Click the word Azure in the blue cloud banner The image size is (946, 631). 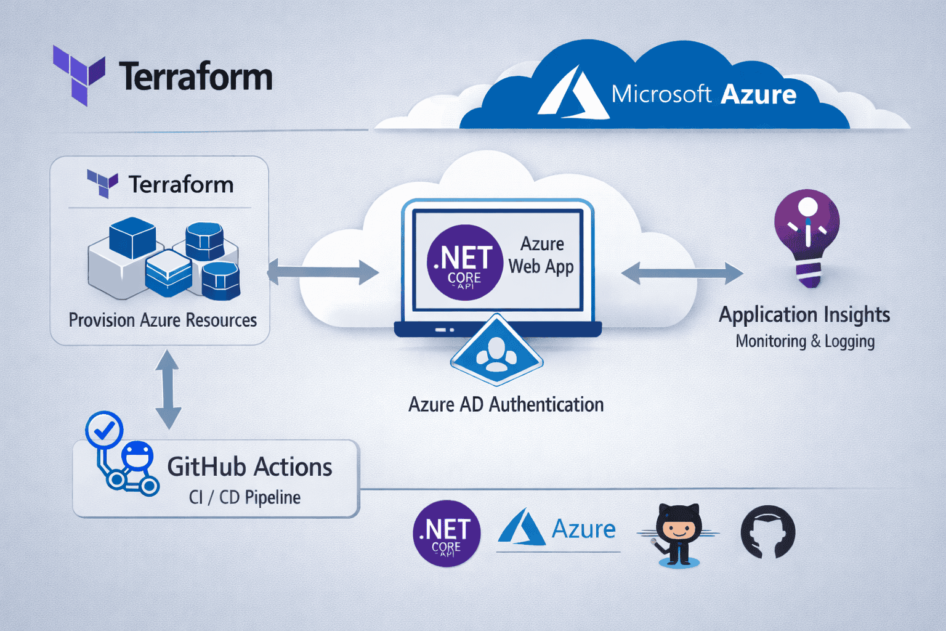758,94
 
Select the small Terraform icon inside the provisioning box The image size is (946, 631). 102,183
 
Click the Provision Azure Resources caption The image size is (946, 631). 163,320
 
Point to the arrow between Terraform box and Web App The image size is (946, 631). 323,272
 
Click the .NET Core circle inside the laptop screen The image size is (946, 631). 464,263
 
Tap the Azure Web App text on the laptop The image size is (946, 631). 541,255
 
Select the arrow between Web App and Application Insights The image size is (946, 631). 682,273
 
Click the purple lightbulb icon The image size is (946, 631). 807,237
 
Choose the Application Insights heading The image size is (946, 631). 804,315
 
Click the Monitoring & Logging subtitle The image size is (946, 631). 805,341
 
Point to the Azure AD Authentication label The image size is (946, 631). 506,405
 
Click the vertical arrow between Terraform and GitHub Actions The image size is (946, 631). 168,389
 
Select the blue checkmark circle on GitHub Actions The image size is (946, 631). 104,429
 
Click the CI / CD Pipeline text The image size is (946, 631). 245,497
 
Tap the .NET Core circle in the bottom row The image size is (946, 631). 447,534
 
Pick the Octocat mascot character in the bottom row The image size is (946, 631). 677,534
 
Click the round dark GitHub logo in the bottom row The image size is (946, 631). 767,532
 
